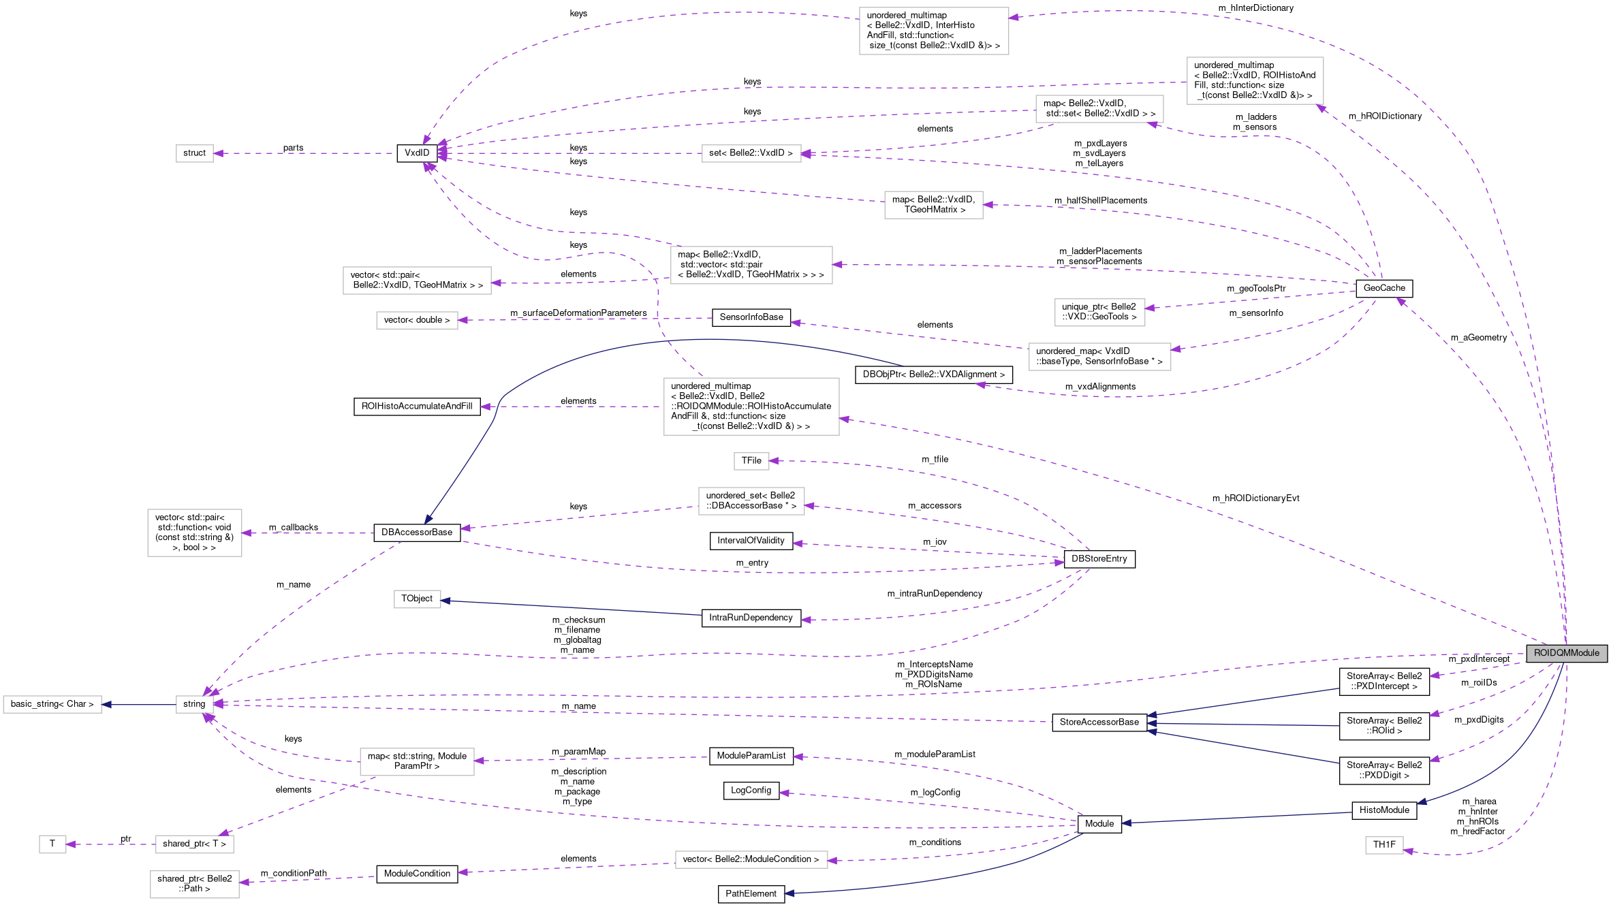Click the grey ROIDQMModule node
1566,653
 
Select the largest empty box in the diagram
751,407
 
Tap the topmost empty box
934,31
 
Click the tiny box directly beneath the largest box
751,461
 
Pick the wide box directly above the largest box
751,265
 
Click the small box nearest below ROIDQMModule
1384,845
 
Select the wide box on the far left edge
52,704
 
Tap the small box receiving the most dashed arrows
195,704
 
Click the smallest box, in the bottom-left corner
52,844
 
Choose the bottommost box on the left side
195,884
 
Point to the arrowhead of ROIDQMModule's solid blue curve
1422,802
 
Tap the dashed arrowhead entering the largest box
845,419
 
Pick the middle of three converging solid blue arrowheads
1152,723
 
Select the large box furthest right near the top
1255,80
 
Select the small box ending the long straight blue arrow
418,599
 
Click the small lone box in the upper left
195,153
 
